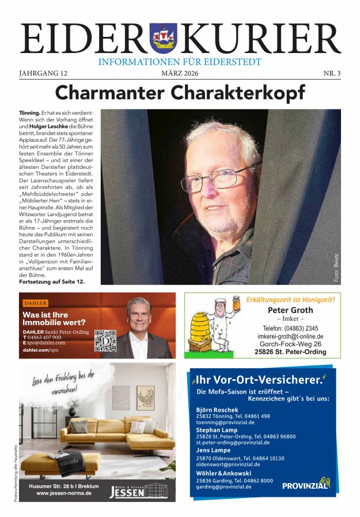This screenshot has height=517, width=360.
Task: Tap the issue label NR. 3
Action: point(331,73)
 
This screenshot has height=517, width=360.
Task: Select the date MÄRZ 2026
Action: point(180,73)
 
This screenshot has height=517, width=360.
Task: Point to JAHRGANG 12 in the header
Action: point(43,73)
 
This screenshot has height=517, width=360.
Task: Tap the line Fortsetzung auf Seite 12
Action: point(52,281)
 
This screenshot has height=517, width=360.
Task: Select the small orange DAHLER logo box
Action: point(35,303)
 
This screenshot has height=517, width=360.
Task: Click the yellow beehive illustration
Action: point(202,331)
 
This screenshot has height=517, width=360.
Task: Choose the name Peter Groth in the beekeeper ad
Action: point(290,310)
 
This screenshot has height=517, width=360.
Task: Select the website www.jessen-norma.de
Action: point(59,494)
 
